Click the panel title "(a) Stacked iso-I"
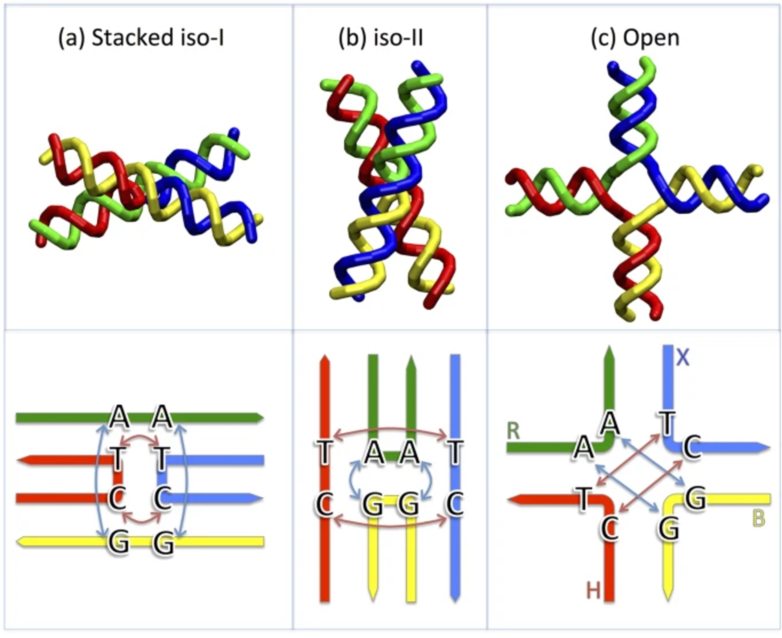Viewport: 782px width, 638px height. [x=141, y=38]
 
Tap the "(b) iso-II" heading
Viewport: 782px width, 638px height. [x=381, y=38]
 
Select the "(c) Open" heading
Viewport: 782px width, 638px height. [x=635, y=38]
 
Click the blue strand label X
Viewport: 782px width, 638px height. [x=683, y=358]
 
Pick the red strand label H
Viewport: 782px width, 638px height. [x=593, y=590]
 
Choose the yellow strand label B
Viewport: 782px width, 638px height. [x=758, y=519]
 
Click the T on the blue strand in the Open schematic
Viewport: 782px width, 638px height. [x=667, y=424]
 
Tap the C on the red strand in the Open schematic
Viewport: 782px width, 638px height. [x=609, y=528]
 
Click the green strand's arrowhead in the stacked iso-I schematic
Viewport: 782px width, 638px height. [x=258, y=418]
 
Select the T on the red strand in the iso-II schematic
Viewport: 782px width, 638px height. [x=325, y=453]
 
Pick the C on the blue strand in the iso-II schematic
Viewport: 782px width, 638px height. [x=455, y=504]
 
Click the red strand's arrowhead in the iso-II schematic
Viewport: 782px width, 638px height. [x=325, y=360]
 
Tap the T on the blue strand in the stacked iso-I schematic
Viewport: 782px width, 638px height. [x=162, y=458]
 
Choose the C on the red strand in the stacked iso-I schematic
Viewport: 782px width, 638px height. [x=117, y=499]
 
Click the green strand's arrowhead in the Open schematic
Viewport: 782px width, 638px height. [x=609, y=353]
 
